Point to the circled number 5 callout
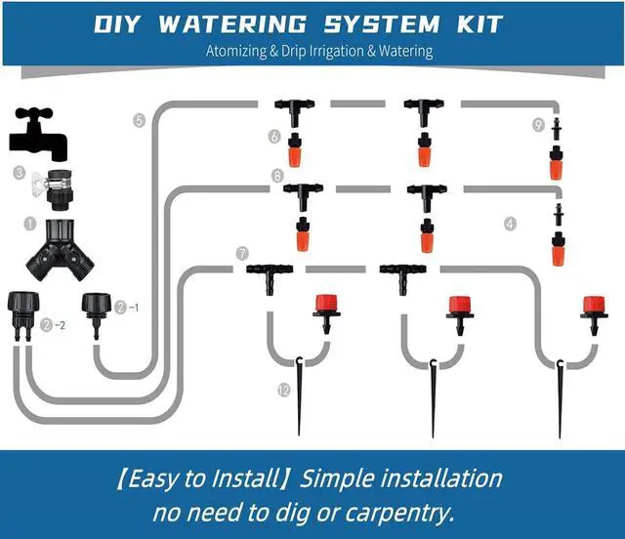[x=139, y=120]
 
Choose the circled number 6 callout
[x=275, y=135]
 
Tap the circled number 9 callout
[x=538, y=124]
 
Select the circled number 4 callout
[x=509, y=223]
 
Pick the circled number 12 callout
[x=283, y=390]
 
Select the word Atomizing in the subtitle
[x=247, y=51]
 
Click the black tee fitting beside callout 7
[x=269, y=269]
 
